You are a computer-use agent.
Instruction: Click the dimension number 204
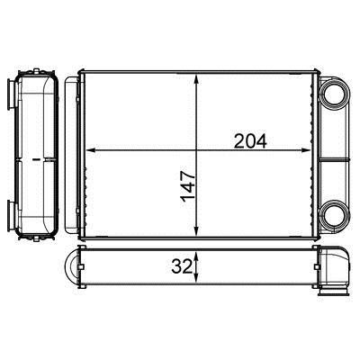click(250, 141)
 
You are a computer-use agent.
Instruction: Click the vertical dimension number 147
click(188, 186)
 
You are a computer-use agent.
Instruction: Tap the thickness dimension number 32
click(181, 266)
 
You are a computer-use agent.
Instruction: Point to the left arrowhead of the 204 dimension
click(91, 150)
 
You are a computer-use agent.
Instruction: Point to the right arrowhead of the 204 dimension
click(305, 150)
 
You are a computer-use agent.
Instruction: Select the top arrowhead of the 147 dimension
click(196, 79)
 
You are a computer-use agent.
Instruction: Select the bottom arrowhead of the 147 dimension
click(196, 230)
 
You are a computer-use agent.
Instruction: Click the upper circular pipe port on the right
click(335, 93)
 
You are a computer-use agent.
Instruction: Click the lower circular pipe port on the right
click(335, 215)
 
